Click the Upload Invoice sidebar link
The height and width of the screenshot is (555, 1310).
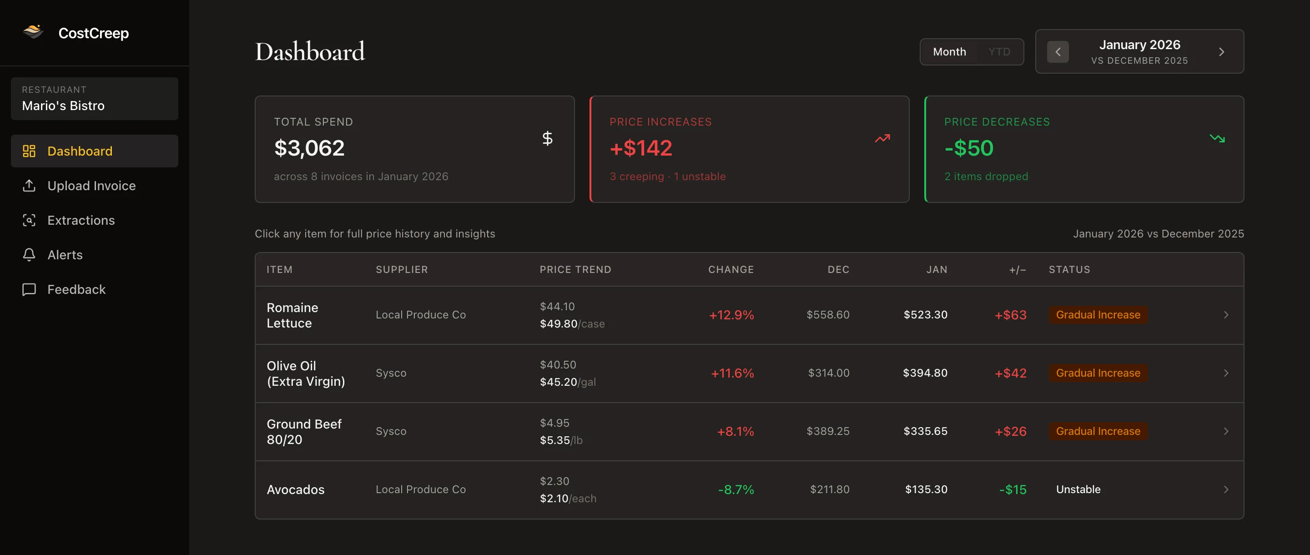click(x=91, y=186)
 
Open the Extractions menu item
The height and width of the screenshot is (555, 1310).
click(x=81, y=220)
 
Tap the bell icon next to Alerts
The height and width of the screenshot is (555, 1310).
click(x=29, y=255)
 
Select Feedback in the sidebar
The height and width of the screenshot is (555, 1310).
click(x=76, y=289)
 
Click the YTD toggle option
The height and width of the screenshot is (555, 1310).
click(x=999, y=52)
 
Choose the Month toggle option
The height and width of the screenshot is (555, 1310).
click(x=949, y=52)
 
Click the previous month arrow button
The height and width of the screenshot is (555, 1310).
click(x=1058, y=52)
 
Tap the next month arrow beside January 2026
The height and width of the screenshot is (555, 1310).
click(x=1221, y=52)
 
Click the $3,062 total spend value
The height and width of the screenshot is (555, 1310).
click(x=309, y=148)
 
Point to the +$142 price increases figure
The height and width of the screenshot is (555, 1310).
click(x=641, y=148)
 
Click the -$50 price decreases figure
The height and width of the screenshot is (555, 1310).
click(x=969, y=148)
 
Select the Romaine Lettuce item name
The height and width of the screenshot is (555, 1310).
click(x=292, y=315)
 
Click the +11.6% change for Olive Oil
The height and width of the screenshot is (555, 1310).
click(x=732, y=373)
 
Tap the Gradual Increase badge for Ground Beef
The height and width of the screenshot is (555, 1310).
click(x=1098, y=431)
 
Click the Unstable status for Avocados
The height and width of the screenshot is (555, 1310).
click(x=1078, y=489)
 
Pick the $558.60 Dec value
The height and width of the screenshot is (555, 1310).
click(x=828, y=315)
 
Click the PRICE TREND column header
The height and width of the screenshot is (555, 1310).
click(x=575, y=270)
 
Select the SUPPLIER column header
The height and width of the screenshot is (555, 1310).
click(x=402, y=270)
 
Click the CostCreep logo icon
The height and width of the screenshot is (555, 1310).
click(x=33, y=32)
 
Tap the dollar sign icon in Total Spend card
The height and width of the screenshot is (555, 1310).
click(x=547, y=138)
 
